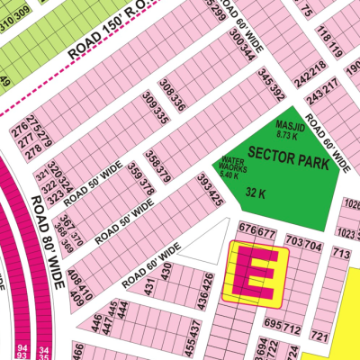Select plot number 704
tap(312, 243)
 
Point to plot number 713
tap(340, 255)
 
